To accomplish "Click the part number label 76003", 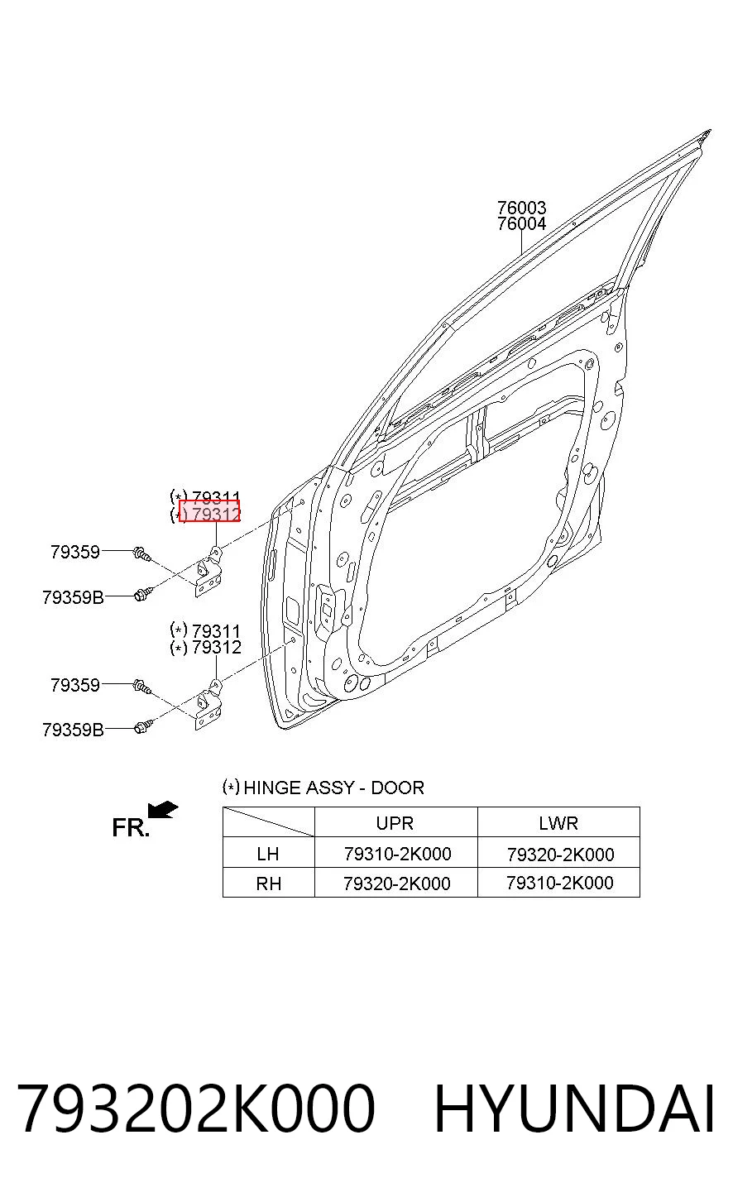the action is [x=521, y=208].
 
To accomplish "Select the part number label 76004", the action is [x=521, y=223].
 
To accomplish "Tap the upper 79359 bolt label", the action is [x=75, y=552].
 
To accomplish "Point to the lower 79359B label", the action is [x=73, y=730].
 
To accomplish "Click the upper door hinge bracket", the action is [x=208, y=572].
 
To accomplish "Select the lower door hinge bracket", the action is [x=208, y=705].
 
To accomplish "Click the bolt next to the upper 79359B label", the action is [x=143, y=594].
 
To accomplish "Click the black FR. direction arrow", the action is [x=163, y=809].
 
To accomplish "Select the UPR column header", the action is [x=395, y=823].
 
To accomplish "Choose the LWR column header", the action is [x=558, y=823].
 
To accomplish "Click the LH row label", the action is [x=268, y=854].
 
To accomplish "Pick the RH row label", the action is [x=268, y=884].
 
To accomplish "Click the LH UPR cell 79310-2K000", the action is [x=397, y=854].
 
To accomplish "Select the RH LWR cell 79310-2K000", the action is [x=559, y=883].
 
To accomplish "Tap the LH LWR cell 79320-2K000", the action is [x=560, y=855].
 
